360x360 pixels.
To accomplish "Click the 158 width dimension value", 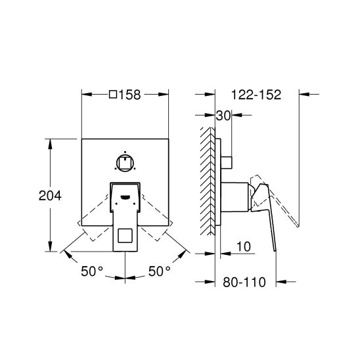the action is point(129,95).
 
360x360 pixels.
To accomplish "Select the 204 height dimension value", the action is point(50,196).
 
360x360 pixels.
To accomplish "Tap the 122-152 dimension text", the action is point(256,95).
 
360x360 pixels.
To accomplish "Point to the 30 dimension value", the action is point(223,116).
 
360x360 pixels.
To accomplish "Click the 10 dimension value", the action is point(244,247).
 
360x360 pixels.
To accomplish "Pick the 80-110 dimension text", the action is point(244,282).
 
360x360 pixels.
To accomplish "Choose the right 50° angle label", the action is point(160,271).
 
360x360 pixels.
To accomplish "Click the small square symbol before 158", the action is point(113,95).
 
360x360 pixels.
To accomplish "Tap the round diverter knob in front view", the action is point(125,163).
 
